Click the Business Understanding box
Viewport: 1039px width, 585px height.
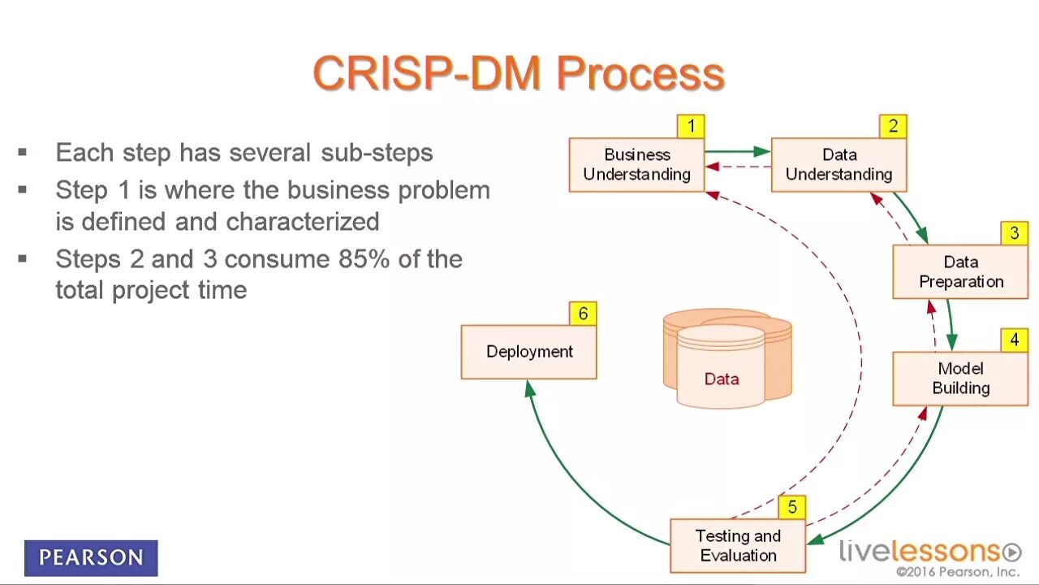pyautogui.click(x=636, y=165)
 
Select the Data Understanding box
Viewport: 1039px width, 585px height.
pyautogui.click(x=839, y=165)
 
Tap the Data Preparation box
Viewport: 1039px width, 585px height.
pyautogui.click(x=960, y=272)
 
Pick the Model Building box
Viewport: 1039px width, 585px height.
pyautogui.click(x=960, y=379)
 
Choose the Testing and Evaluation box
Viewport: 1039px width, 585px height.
pyautogui.click(x=738, y=546)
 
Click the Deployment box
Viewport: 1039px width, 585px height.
pyautogui.click(x=528, y=352)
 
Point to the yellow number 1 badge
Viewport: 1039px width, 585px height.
pyautogui.click(x=691, y=126)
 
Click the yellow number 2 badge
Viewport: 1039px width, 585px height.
pyautogui.click(x=893, y=126)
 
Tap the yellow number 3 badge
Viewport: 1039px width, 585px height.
pyautogui.click(x=1014, y=234)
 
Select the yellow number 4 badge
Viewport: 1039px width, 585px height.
pyautogui.click(x=1014, y=340)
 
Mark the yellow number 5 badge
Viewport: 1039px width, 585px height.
pyautogui.click(x=791, y=508)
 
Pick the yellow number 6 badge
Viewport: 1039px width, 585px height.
pyautogui.click(x=583, y=314)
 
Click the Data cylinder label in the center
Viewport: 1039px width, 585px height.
pyautogui.click(x=721, y=379)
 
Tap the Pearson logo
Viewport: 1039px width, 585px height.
pyautogui.click(x=91, y=558)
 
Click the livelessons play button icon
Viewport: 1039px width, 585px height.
pyautogui.click(x=1011, y=552)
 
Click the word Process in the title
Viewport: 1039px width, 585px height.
pyautogui.click(x=640, y=74)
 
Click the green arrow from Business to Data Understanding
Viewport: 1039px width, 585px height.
pyautogui.click(x=737, y=151)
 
